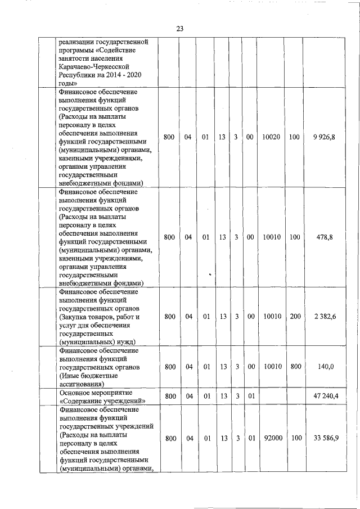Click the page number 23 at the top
(180, 29)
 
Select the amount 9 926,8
(325, 137)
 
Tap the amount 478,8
(325, 237)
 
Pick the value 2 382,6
(325, 317)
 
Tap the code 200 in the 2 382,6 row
(294, 317)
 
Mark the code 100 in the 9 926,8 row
(294, 137)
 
